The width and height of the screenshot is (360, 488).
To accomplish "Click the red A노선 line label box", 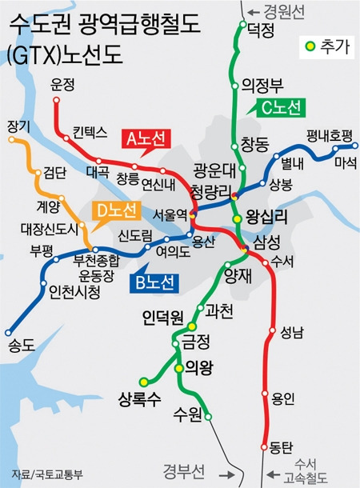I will (x=146, y=138).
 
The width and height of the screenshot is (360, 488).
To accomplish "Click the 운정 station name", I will (x=62, y=82).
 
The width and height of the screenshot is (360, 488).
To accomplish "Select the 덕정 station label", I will (x=261, y=30).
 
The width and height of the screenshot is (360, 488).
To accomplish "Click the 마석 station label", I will (x=345, y=163).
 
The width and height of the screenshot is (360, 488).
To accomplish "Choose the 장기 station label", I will (x=18, y=126).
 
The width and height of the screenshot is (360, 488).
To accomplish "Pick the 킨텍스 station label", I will (x=90, y=131).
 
